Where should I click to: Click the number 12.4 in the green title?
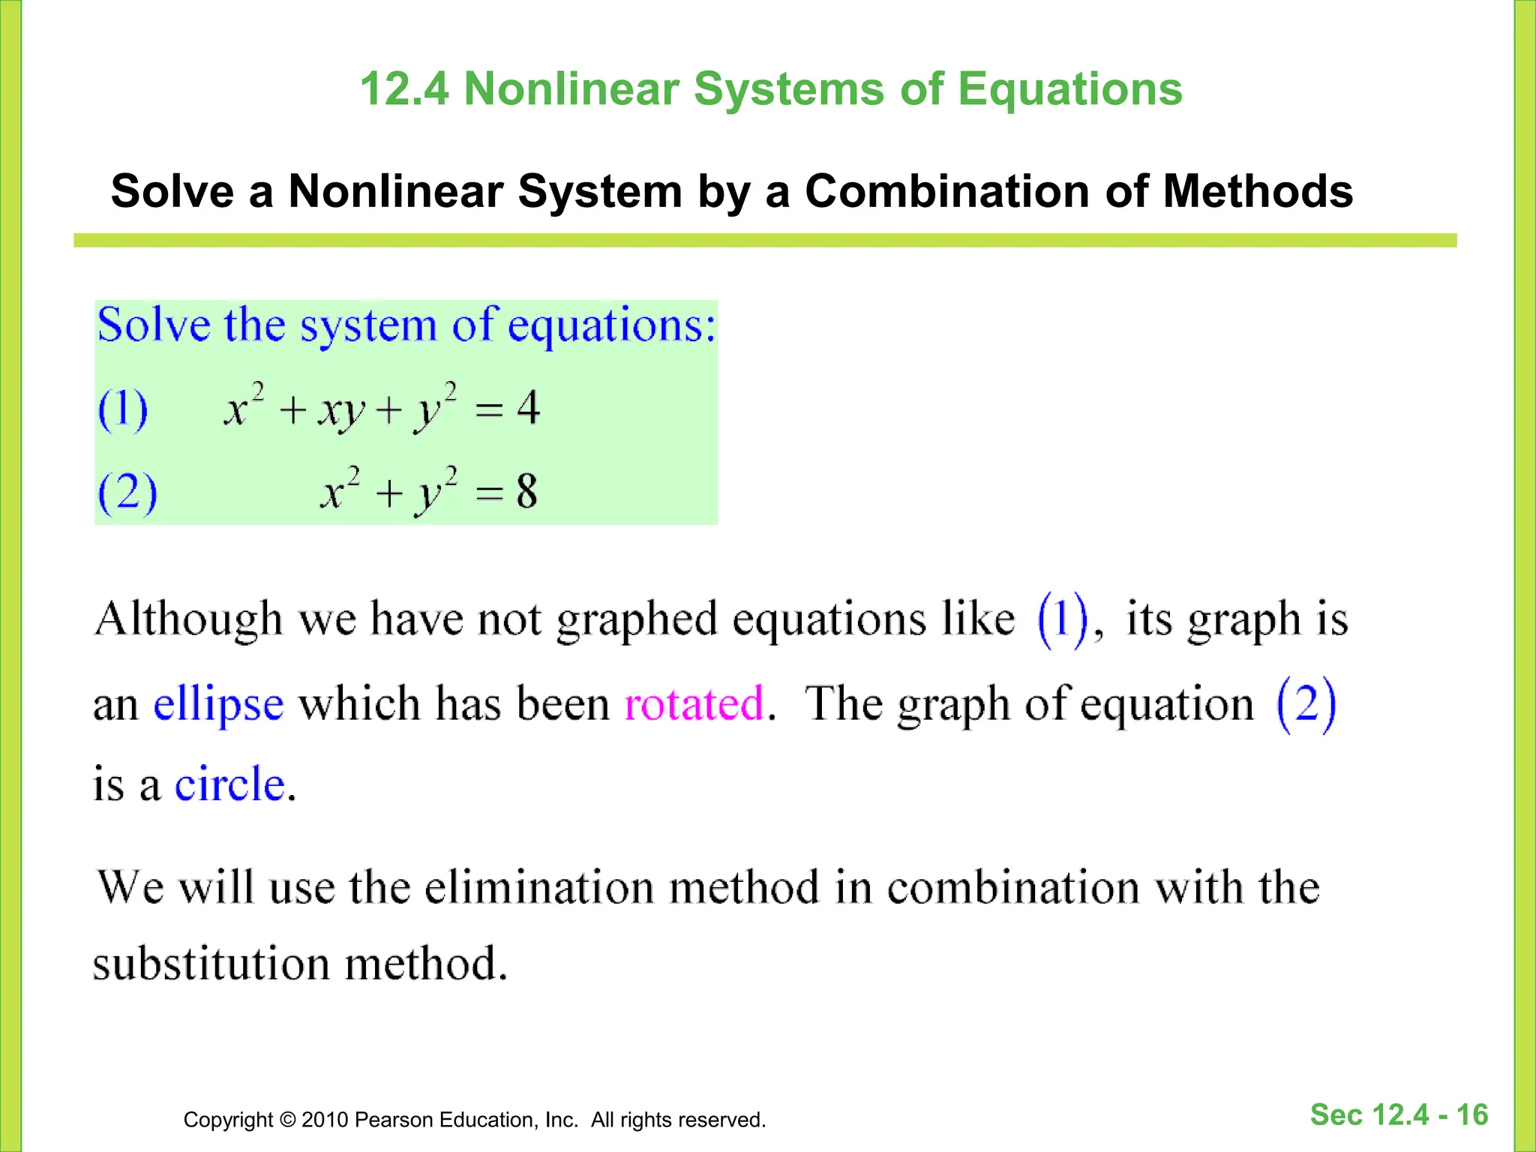pyautogui.click(x=404, y=89)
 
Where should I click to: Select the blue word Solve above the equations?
pyautogui.click(x=154, y=325)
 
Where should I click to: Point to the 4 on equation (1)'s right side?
pyautogui.click(x=528, y=407)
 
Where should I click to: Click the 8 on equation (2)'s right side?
pyautogui.click(x=526, y=491)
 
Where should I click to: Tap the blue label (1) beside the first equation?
pyautogui.click(x=123, y=409)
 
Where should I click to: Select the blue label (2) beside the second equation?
pyautogui.click(x=127, y=493)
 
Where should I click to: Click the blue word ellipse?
pyautogui.click(x=218, y=704)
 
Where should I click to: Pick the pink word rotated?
pyautogui.click(x=694, y=703)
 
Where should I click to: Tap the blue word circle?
pyautogui.click(x=230, y=784)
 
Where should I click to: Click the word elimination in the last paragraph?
pyautogui.click(x=539, y=887)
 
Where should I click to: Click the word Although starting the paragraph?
pyautogui.click(x=188, y=619)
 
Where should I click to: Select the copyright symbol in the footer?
pyautogui.click(x=287, y=1120)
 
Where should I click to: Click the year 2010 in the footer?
pyautogui.click(x=325, y=1120)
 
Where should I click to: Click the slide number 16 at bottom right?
pyautogui.click(x=1471, y=1115)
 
